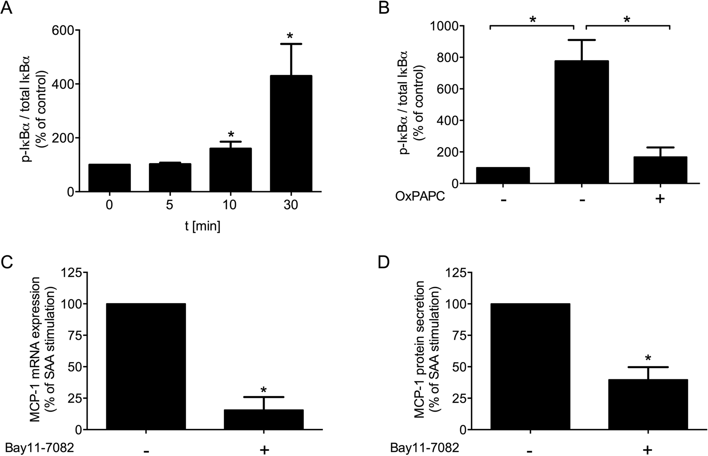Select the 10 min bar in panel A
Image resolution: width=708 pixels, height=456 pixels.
click(x=230, y=170)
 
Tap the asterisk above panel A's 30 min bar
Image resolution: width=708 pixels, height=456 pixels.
click(x=291, y=36)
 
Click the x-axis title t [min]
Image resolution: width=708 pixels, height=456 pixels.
click(x=200, y=226)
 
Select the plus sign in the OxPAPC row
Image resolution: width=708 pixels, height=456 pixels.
click(x=659, y=199)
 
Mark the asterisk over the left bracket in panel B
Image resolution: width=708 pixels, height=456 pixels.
click(x=532, y=20)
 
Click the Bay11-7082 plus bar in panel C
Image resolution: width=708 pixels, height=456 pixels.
click(x=264, y=420)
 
